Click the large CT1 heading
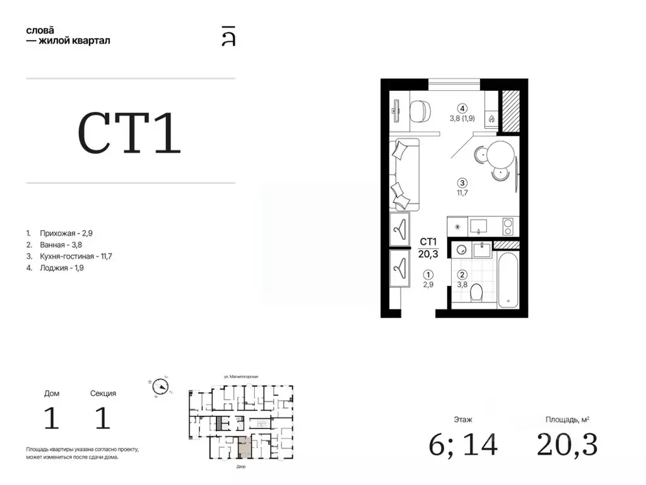[129, 133]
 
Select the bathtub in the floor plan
[508, 280]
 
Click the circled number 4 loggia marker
[462, 107]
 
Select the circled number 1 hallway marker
[429, 275]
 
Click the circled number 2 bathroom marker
[462, 275]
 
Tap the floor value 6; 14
[463, 445]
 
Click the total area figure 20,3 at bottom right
[567, 445]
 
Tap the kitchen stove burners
[507, 225]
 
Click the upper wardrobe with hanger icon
[399, 229]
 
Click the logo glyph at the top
[228, 36]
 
